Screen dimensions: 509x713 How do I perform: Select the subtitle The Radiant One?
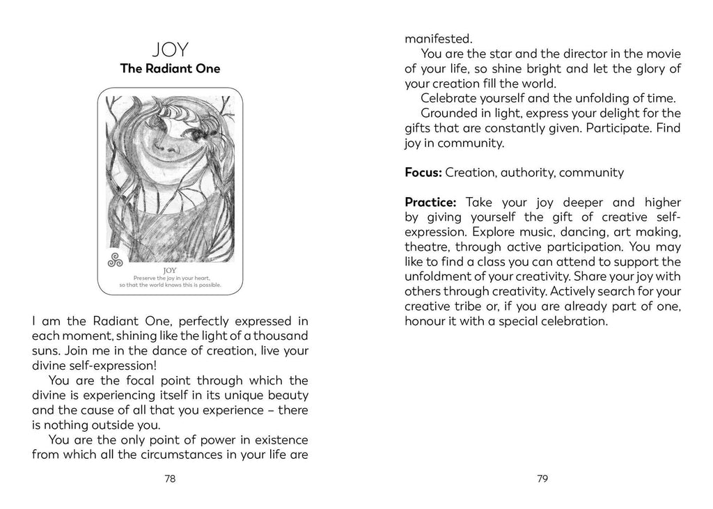(170, 69)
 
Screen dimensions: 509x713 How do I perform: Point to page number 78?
(170, 478)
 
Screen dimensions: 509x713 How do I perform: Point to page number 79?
(543, 478)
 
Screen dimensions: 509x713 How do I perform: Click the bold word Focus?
(423, 172)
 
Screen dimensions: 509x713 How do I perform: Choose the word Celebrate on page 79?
(450, 98)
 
